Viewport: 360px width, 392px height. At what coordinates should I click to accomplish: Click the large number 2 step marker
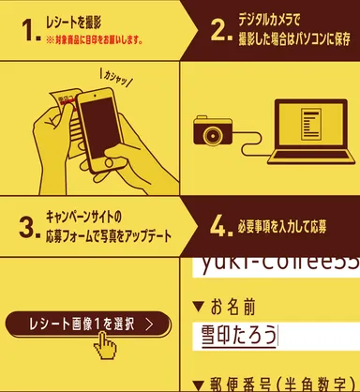(220, 31)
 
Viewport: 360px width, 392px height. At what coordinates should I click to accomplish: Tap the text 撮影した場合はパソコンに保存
(293, 39)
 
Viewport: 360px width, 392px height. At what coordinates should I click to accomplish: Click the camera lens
(209, 134)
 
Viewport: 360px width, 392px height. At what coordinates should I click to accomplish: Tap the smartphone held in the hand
(99, 127)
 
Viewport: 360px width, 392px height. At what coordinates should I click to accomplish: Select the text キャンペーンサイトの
(90, 216)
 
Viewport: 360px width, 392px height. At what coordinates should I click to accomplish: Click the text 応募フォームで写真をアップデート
(109, 234)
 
